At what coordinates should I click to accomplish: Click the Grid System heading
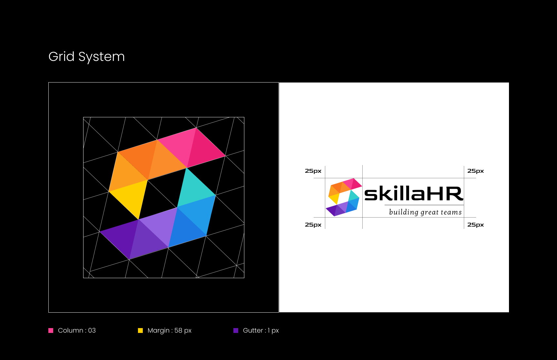click(x=86, y=57)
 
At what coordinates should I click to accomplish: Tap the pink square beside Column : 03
click(x=51, y=330)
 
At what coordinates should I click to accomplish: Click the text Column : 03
click(x=77, y=330)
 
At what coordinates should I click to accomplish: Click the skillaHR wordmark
click(x=414, y=193)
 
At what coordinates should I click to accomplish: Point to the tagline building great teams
click(x=425, y=212)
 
